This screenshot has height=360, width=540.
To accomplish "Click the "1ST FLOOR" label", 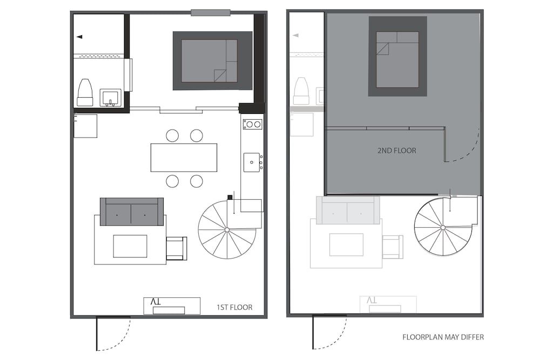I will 234,308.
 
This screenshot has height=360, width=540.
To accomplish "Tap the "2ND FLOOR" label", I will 397,151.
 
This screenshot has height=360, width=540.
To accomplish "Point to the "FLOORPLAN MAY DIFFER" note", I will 443,337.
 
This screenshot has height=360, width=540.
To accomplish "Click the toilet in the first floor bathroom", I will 85,92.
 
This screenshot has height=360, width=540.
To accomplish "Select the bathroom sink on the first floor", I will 111,98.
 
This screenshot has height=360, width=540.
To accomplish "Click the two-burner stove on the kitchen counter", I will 252,125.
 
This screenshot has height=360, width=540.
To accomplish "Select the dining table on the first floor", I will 184,157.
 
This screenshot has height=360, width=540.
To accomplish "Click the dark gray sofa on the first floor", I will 132,212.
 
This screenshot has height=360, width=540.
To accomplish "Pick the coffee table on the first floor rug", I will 130,246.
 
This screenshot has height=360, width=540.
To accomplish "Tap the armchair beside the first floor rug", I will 176,248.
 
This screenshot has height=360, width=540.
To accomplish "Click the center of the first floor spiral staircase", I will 227,230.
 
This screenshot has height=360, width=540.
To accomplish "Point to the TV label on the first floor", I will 156,303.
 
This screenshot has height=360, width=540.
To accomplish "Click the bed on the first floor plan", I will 210,60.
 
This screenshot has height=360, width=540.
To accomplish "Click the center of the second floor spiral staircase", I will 443,227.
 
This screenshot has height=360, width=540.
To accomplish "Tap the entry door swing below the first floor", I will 114,333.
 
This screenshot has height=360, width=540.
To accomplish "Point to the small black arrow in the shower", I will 79,37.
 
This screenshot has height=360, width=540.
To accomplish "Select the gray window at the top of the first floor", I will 211,12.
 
